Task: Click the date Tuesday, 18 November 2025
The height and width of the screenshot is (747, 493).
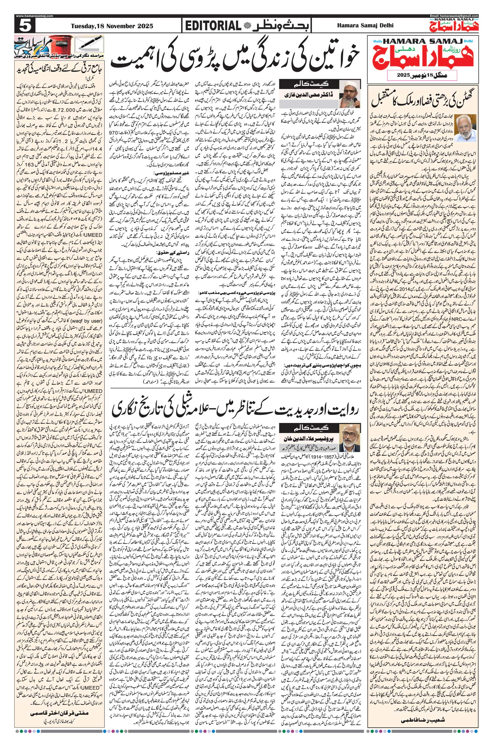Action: point(112,26)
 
